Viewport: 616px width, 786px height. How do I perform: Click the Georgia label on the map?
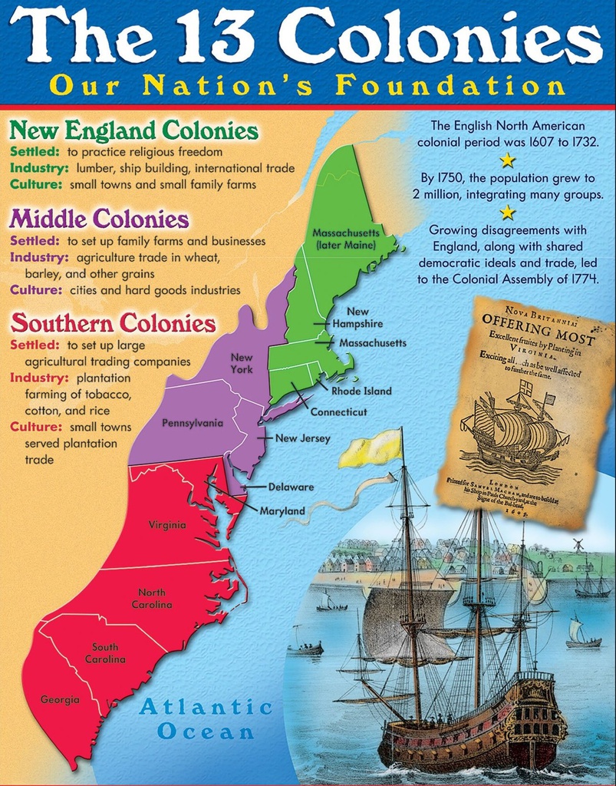(60, 699)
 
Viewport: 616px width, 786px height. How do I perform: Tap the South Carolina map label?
(105, 653)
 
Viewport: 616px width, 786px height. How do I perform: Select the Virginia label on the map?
(167, 525)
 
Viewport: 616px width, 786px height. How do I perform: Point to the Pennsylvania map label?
(193, 423)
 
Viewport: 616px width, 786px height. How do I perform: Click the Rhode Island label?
(361, 391)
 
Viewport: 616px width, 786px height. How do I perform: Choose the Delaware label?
(291, 487)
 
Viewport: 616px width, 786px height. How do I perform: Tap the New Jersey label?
(303, 438)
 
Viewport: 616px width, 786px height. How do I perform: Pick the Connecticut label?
(338, 412)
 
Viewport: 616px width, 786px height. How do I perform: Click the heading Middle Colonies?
(99, 220)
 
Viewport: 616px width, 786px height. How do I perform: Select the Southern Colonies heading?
(113, 323)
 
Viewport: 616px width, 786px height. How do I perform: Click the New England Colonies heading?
(133, 130)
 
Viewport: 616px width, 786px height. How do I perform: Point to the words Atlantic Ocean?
(206, 718)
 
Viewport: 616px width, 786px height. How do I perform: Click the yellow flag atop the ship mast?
(371, 449)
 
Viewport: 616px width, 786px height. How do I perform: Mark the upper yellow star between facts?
(508, 160)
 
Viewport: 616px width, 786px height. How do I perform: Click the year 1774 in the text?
(584, 279)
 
